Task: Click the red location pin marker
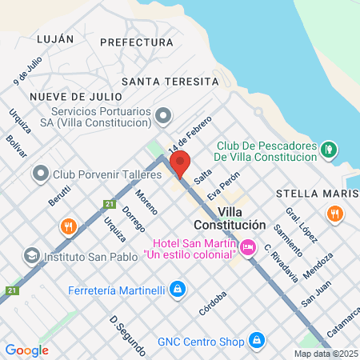click(180, 163)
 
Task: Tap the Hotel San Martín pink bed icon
click(248, 246)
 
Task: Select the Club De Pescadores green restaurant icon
click(327, 149)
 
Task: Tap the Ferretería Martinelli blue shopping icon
click(179, 289)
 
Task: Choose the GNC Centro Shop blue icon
click(257, 342)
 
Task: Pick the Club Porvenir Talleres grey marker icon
click(40, 174)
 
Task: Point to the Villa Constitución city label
click(230, 218)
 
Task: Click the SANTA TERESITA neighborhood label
click(170, 82)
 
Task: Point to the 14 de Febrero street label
click(189, 134)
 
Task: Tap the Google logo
click(26, 350)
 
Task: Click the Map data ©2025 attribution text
click(326, 354)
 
